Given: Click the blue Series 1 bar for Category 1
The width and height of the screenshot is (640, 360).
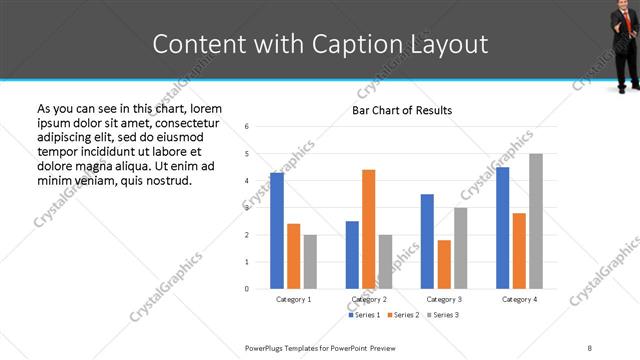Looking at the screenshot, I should (277, 231).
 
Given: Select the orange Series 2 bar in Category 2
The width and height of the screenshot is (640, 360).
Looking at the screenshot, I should (368, 229).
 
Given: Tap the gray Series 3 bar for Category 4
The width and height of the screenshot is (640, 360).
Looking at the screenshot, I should (536, 221).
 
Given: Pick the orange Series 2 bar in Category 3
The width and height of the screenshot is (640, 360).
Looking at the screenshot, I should (444, 264).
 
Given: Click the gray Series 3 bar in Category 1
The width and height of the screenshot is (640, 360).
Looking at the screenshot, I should (310, 261).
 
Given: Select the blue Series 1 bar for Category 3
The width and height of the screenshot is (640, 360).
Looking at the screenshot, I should (427, 241).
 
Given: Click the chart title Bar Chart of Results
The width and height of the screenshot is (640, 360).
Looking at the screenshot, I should (402, 110).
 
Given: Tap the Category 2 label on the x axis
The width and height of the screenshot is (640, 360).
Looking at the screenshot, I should (369, 299).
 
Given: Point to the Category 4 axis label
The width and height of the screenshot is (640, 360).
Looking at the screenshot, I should (519, 299).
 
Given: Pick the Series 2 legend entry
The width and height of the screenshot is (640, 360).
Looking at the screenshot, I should (404, 315).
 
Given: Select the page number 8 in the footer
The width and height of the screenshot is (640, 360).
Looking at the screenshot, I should (589, 348).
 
